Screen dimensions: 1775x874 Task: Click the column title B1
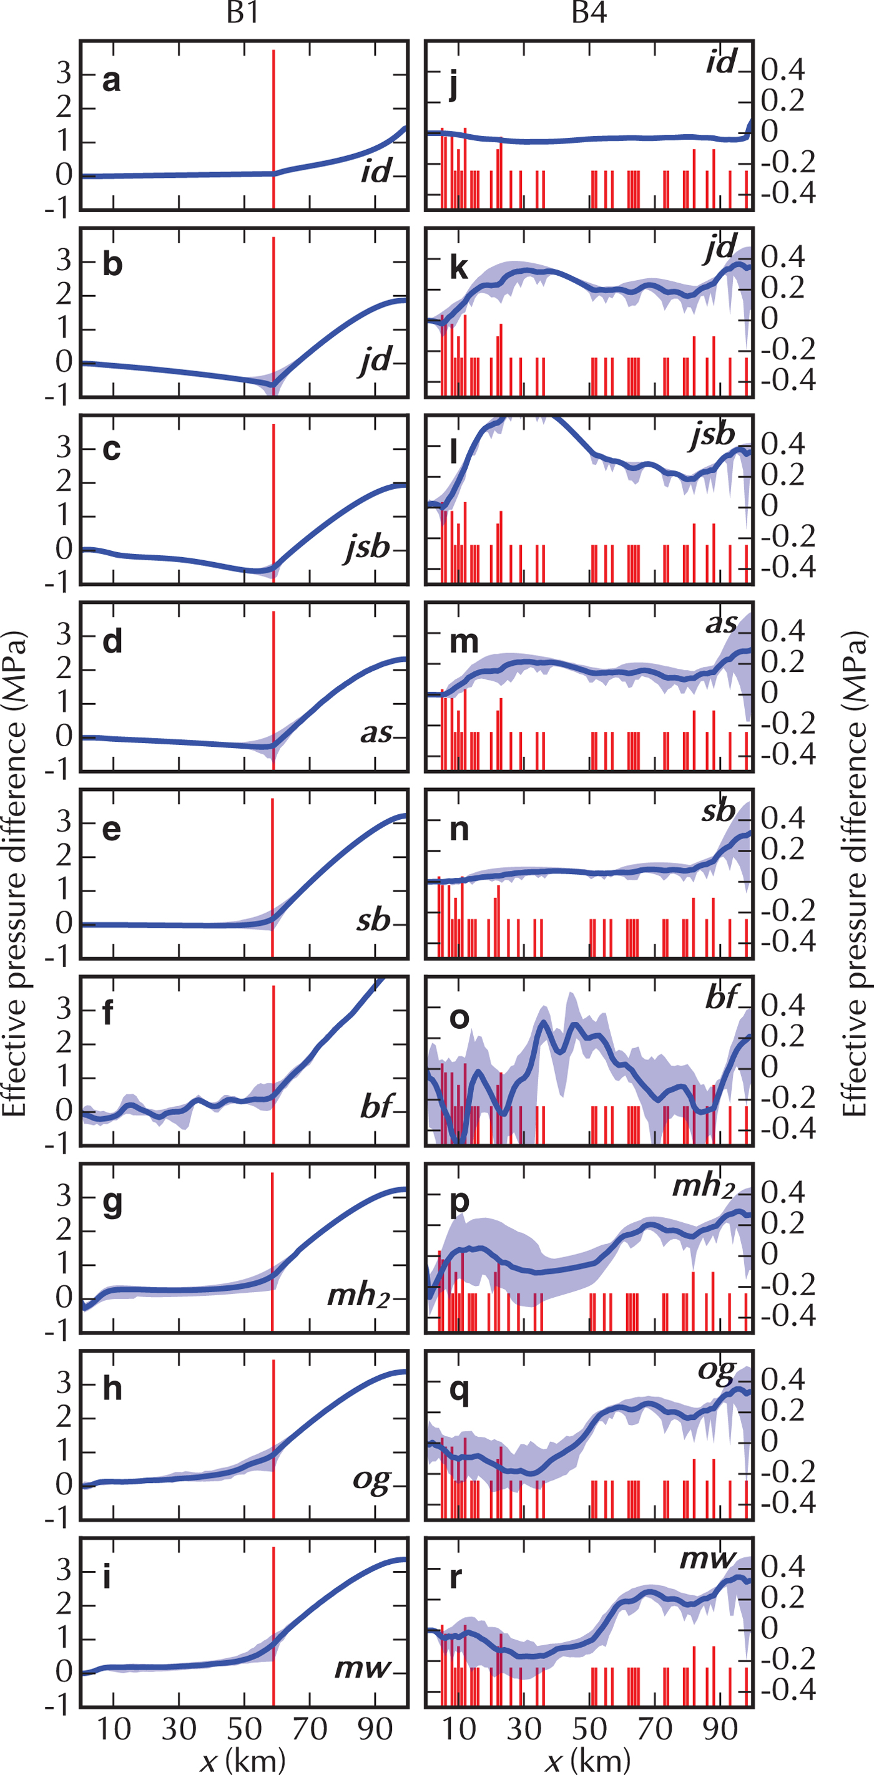[243, 14]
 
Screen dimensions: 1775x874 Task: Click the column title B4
[589, 14]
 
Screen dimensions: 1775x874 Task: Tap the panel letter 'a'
[112, 80]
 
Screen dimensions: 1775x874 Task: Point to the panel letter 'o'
[459, 1018]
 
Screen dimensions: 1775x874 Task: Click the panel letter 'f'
[107, 1013]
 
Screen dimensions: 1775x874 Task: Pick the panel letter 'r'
[455, 1577]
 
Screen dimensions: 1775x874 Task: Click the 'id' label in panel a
[376, 170]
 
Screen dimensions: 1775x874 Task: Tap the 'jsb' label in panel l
[713, 435]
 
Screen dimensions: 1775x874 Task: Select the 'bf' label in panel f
[376, 1107]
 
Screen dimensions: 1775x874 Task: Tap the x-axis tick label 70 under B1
[310, 1729]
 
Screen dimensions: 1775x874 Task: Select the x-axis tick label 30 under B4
[524, 1729]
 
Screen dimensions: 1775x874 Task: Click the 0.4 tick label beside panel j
[782, 71]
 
